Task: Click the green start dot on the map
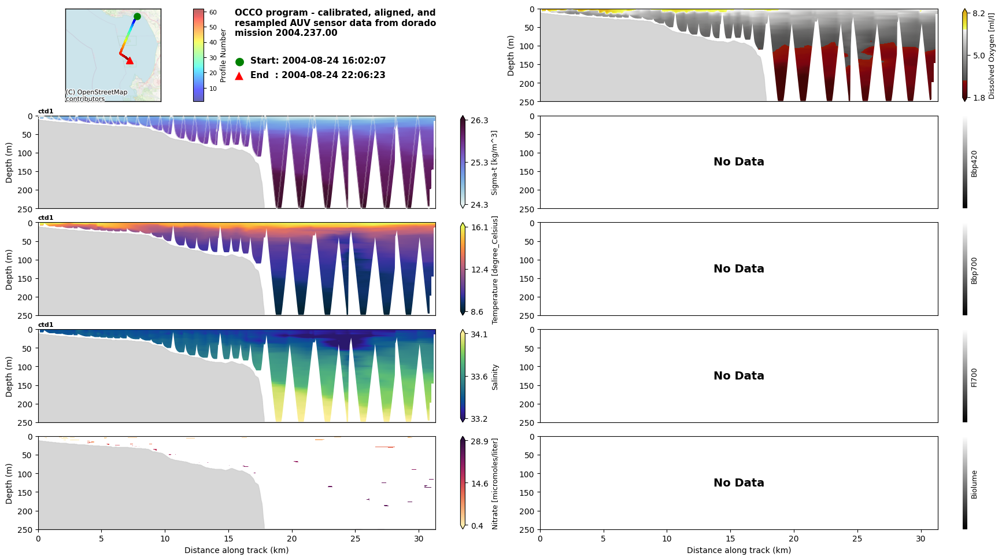137,17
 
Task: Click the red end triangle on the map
130,60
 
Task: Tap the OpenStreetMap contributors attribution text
96,95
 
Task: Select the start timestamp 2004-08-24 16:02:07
334,61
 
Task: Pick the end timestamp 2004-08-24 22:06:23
333,75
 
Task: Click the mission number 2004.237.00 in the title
306,33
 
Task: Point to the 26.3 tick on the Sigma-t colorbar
479,120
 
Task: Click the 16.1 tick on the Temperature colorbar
479,227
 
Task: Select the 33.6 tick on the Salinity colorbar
479,377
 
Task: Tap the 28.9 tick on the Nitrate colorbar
479,441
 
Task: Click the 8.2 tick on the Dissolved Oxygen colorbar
979,13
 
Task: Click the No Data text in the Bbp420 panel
738,162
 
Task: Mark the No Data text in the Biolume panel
738,483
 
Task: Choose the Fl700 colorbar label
974,377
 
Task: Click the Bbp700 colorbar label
974,270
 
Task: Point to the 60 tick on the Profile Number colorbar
213,12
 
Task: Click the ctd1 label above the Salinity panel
46,325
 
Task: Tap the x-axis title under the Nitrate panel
236,550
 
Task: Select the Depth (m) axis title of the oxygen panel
511,56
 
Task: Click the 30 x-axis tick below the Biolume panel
920,539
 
